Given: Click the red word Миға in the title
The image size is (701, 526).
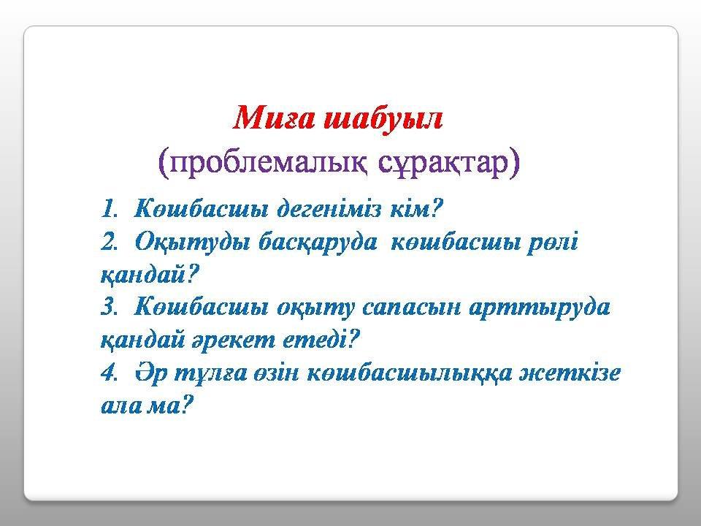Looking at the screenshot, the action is point(274,118).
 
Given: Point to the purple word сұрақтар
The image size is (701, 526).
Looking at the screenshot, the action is point(443,162).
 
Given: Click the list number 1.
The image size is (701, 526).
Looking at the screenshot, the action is point(109,209).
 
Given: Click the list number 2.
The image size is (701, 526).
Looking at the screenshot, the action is point(109,242).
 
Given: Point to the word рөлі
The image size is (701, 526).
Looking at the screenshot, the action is point(552,243).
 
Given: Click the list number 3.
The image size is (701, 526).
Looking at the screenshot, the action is point(109,308).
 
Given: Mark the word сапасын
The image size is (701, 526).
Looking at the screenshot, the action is point(411,308).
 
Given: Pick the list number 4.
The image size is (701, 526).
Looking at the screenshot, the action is point(109,373).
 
